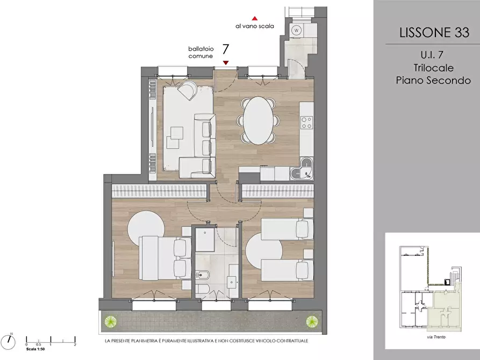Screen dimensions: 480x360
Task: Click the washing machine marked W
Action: [x=296, y=30]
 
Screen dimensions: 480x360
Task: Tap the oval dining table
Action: [x=259, y=120]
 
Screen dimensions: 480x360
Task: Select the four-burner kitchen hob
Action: [x=307, y=123]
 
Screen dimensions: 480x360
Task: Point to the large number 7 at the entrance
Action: [x=226, y=49]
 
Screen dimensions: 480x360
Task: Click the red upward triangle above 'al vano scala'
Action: [x=254, y=18]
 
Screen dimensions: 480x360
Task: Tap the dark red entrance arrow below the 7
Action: [x=226, y=63]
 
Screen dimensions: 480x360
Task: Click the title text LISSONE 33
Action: [x=434, y=32]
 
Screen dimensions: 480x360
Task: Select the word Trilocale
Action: [x=433, y=68]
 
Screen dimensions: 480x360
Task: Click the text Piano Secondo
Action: [x=433, y=80]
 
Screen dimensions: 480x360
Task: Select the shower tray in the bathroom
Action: [x=205, y=240]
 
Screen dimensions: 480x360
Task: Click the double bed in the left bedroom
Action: [x=165, y=258]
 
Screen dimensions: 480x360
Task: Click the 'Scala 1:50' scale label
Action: [x=35, y=349]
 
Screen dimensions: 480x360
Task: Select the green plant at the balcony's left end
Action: [x=110, y=321]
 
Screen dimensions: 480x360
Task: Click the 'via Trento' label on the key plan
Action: [x=436, y=337]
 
